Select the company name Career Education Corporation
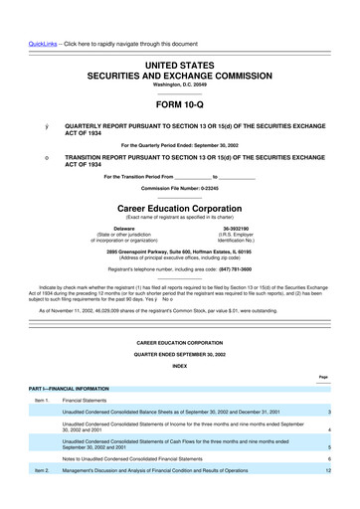tap(179, 210)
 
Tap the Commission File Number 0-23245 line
tap(179, 188)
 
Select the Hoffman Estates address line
tap(179, 251)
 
